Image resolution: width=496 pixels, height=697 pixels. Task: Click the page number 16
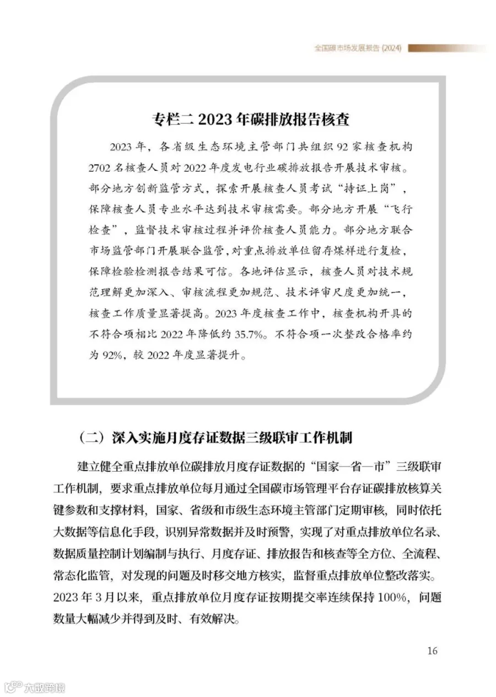point(432,651)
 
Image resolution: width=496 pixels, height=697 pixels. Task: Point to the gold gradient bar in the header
point(446,48)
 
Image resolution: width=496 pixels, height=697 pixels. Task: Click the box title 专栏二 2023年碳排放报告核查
point(251,120)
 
